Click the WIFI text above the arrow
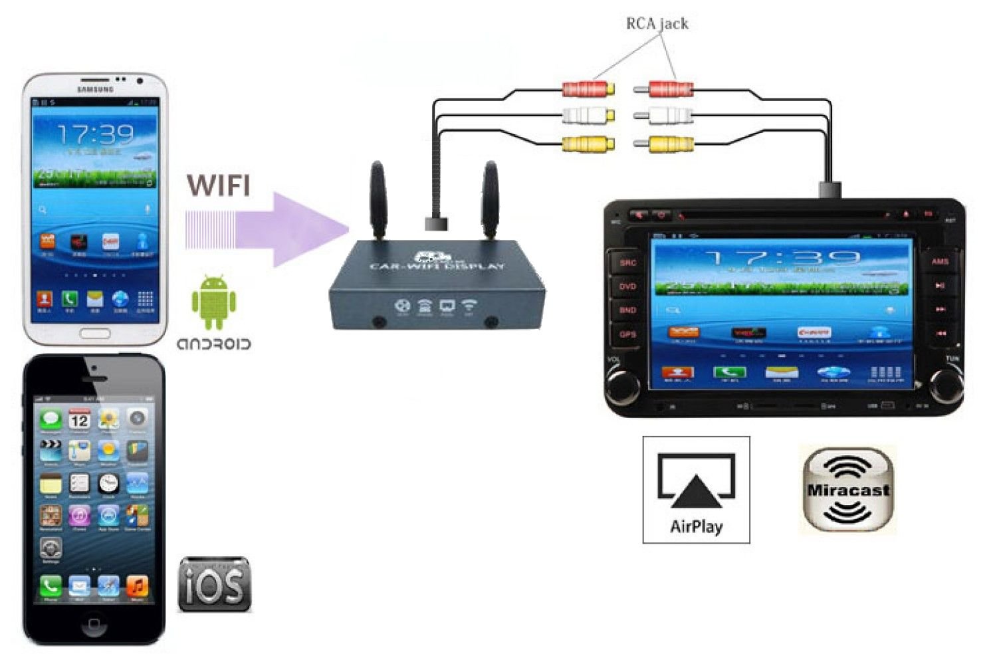(219, 185)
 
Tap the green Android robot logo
(213, 302)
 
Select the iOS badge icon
(215, 585)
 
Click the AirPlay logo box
(696, 490)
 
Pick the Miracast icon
(847, 490)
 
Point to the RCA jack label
(657, 24)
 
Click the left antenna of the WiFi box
(378, 199)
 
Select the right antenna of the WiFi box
(491, 199)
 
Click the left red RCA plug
(588, 88)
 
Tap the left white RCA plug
(588, 116)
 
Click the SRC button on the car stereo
(627, 263)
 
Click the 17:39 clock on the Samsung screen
(96, 135)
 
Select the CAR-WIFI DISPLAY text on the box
(437, 267)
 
